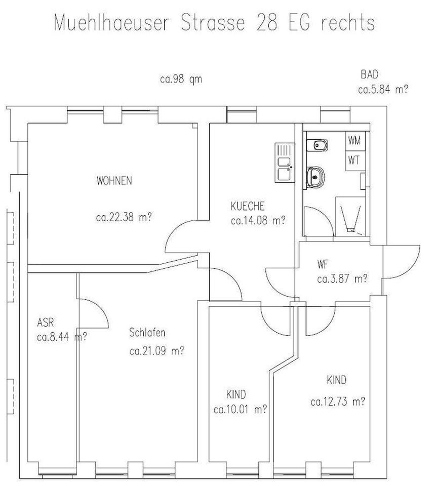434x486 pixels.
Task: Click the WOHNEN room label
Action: (x=114, y=181)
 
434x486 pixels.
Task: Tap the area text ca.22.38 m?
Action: (x=125, y=218)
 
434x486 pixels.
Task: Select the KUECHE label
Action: (x=247, y=207)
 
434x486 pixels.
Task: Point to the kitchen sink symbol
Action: (x=284, y=162)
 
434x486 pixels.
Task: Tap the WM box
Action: (x=354, y=140)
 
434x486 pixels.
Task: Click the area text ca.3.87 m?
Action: (x=342, y=278)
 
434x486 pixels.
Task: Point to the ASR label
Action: (x=46, y=322)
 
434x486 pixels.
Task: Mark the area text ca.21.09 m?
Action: (x=156, y=350)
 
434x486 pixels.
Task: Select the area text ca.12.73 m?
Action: (x=338, y=402)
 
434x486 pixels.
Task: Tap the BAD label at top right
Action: (x=370, y=74)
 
